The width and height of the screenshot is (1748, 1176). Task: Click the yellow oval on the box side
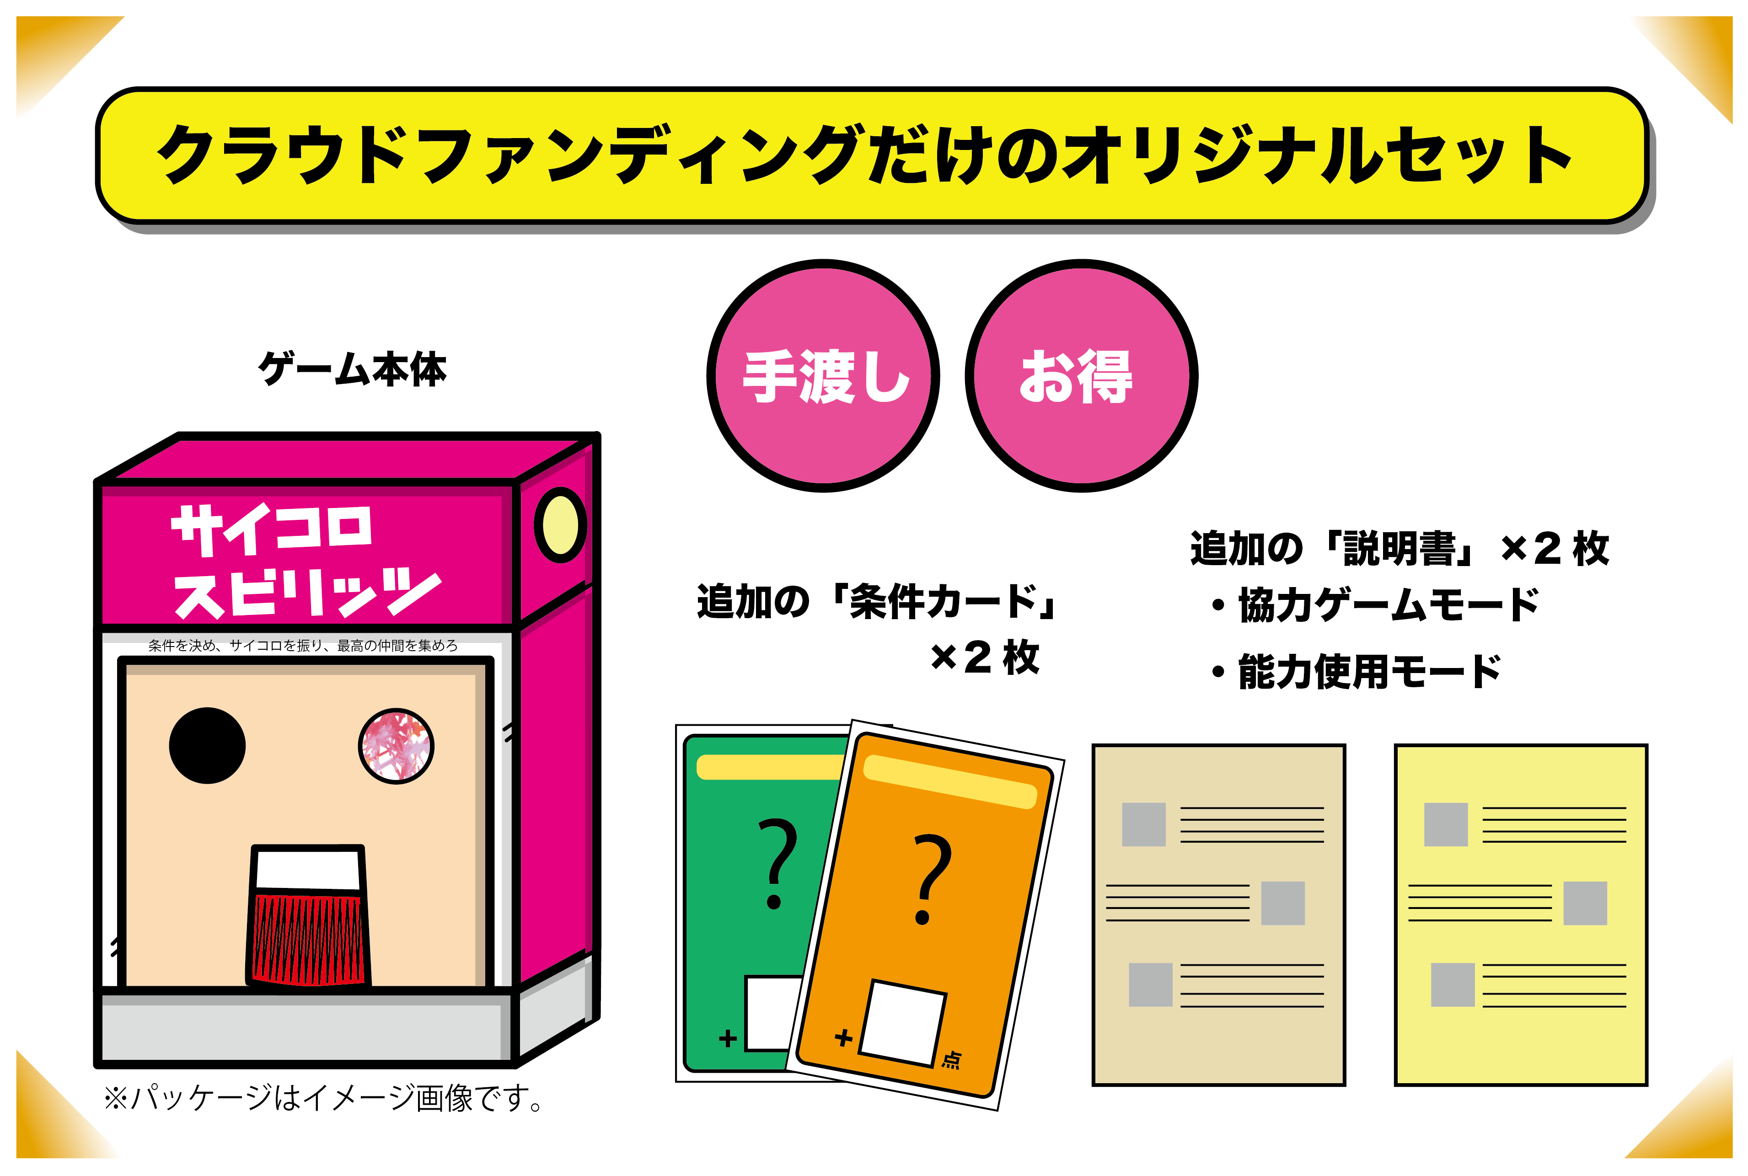pos(560,525)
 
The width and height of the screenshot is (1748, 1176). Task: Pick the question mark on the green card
pos(777,864)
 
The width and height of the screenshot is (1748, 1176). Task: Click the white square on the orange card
pos(902,1023)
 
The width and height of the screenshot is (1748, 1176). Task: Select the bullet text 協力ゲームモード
pos(1389,604)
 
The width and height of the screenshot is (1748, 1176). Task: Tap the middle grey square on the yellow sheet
pos(1585,903)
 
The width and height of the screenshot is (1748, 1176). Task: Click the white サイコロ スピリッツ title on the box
pos(306,561)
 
